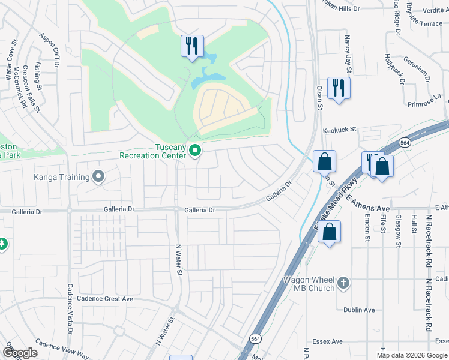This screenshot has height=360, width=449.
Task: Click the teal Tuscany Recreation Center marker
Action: pyautogui.click(x=194, y=150)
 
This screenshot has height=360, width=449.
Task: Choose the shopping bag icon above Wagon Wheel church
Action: pyautogui.click(x=329, y=232)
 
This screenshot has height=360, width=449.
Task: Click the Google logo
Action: pyautogui.click(x=19, y=353)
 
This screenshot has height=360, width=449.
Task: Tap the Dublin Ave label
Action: pyautogui.click(x=359, y=310)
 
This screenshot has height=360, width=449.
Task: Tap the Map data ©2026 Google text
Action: pyautogui.click(x=412, y=355)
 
